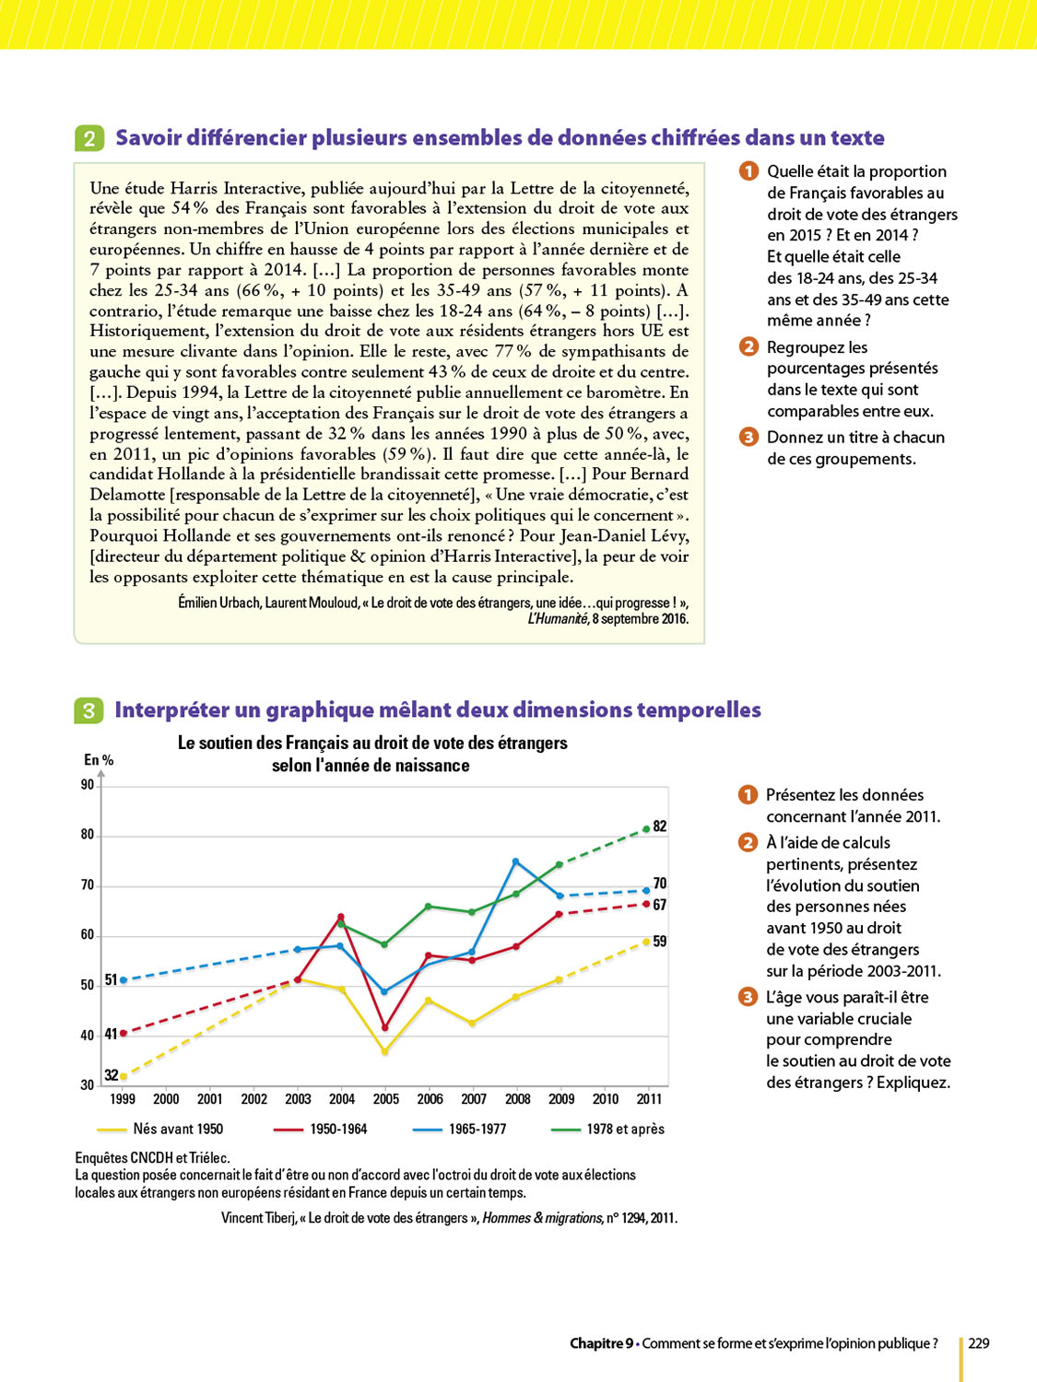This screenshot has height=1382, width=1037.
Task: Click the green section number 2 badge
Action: pos(89,138)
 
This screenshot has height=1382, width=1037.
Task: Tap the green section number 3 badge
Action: pos(88,710)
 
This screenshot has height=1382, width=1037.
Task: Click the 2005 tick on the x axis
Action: pos(386,1099)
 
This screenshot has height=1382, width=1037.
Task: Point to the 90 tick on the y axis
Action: pos(88,785)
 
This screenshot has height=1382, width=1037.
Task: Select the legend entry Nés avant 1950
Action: pos(178,1129)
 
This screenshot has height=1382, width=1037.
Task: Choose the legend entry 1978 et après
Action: pos(625,1129)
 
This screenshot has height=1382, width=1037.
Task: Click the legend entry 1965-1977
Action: pos(477,1129)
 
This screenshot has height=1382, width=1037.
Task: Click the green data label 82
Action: pos(660,826)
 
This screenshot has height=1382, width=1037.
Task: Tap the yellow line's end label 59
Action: pos(660,942)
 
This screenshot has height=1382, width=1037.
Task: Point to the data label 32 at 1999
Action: pos(111,1075)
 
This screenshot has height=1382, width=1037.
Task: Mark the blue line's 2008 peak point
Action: pos(515,861)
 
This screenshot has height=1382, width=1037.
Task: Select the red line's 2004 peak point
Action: pos(341,917)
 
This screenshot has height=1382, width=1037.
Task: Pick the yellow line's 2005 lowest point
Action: pos(385,1051)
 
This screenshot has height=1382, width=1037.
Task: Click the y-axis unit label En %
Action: pos(99,760)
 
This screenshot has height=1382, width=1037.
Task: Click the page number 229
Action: pos(979,1343)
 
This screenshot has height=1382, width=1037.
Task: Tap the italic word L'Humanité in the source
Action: pos(558,619)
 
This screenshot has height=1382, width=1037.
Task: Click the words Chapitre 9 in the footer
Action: pos(601,1343)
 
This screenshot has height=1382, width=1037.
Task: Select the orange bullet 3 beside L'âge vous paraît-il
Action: pos(748,997)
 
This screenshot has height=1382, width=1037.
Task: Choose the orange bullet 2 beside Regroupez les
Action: pos(748,346)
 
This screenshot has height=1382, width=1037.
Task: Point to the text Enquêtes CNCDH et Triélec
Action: pos(153,1158)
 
